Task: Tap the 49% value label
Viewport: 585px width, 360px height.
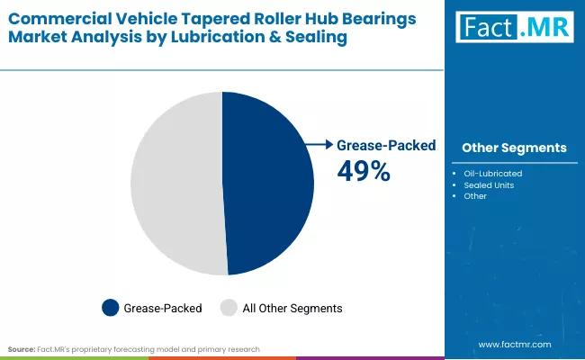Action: (363, 170)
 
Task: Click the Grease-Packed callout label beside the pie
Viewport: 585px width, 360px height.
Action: (385, 145)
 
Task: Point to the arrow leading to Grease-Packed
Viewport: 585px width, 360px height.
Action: (319, 144)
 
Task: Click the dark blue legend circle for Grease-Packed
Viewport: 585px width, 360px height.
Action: (111, 308)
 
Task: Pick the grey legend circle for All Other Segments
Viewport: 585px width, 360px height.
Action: (229, 308)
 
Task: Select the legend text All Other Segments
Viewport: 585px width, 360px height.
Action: (292, 308)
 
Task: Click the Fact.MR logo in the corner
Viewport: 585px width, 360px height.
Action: (514, 27)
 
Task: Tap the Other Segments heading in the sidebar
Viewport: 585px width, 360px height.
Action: (513, 148)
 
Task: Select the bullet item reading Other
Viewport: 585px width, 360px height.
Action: (475, 196)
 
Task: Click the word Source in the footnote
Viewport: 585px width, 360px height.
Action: (22, 348)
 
